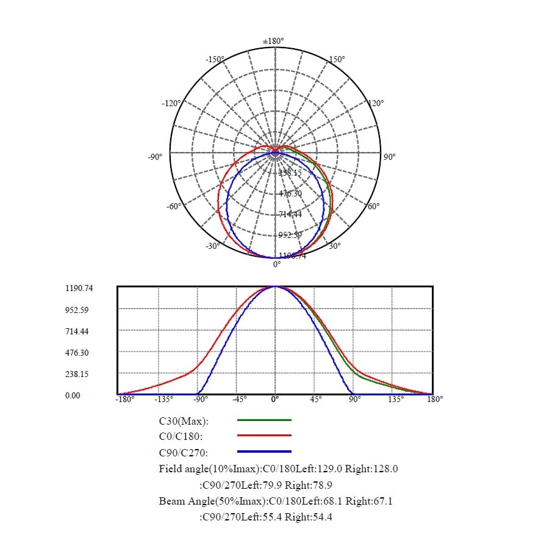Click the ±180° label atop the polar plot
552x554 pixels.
pyautogui.click(x=274, y=41)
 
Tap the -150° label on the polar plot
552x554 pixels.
pyautogui.click(x=215, y=59)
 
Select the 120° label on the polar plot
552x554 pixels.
pyautogui.click(x=376, y=103)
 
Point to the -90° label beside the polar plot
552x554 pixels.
pyautogui.click(x=155, y=157)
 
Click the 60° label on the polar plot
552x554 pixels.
pyautogui.click(x=374, y=206)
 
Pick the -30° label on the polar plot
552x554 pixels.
pyautogui.click(x=212, y=246)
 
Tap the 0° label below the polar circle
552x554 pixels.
pyautogui.click(x=277, y=264)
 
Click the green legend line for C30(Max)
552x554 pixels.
pyautogui.click(x=264, y=420)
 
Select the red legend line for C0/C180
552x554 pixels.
pyautogui.click(x=264, y=436)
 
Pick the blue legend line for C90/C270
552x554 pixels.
pyautogui.click(x=264, y=451)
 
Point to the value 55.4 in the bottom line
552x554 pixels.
pyautogui.click(x=272, y=517)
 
